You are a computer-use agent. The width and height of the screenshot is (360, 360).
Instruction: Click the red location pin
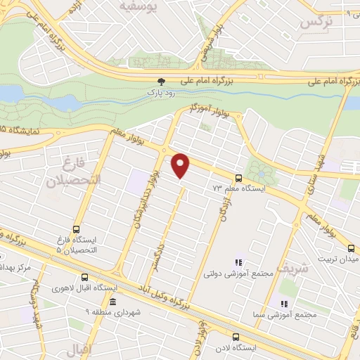coord(181,165)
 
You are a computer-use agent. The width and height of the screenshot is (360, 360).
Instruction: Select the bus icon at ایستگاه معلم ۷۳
coord(238,178)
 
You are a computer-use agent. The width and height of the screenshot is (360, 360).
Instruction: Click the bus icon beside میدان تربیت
coord(351,248)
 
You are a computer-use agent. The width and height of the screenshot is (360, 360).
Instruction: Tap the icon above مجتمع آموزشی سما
coord(284,304)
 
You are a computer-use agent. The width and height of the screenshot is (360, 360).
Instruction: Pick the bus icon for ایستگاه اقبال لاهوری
coord(84,277)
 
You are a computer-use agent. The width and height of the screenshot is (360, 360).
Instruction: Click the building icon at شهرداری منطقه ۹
coord(112,301)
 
